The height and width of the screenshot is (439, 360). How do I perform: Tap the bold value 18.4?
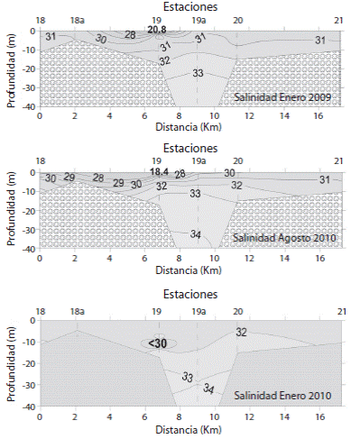pos(160,171)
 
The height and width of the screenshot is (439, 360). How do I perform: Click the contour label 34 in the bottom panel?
pos(208,389)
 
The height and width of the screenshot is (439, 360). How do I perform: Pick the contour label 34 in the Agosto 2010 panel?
pos(196,233)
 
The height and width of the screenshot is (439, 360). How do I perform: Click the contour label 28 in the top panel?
pos(130,35)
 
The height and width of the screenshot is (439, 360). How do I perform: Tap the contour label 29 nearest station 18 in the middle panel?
pos(69,178)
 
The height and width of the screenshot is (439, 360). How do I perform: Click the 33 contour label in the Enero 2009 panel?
pos(198,73)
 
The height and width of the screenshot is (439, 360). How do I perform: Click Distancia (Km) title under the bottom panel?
pos(189,430)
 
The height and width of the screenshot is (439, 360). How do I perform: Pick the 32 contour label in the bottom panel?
pos(242,332)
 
